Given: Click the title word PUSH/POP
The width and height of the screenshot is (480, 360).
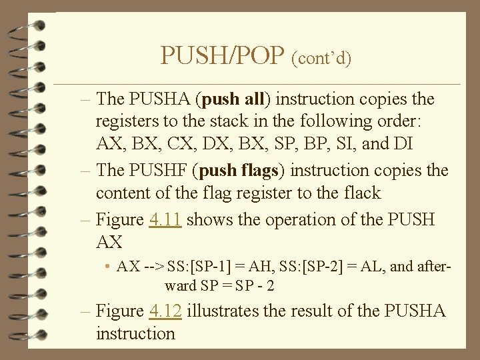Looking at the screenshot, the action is (223, 55).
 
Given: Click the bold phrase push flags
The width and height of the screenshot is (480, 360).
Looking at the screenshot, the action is (237, 171).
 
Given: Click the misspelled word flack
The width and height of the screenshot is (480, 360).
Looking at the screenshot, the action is (359, 193).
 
